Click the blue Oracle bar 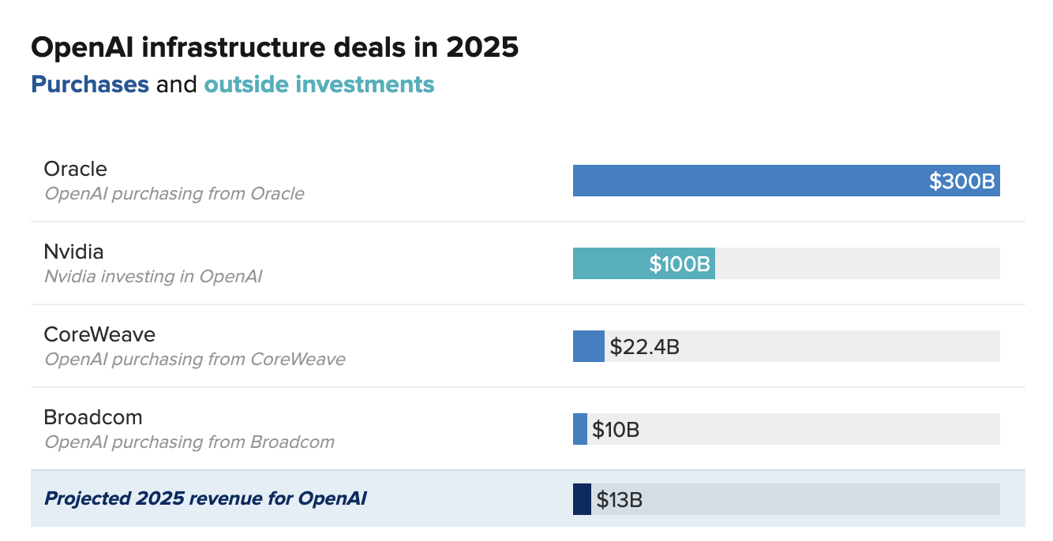742,181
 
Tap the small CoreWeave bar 588,346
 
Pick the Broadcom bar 580,429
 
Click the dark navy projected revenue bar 582,499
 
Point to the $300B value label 962,181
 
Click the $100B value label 680,264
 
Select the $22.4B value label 644,346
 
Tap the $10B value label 616,430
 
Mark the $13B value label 619,500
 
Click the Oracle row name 76,169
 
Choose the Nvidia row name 74,252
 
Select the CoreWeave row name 99,334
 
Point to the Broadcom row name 93,417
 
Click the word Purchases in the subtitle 90,84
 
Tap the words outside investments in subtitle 319,84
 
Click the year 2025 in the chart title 482,47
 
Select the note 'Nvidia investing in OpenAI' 153,277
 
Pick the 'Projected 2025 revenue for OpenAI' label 205,498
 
